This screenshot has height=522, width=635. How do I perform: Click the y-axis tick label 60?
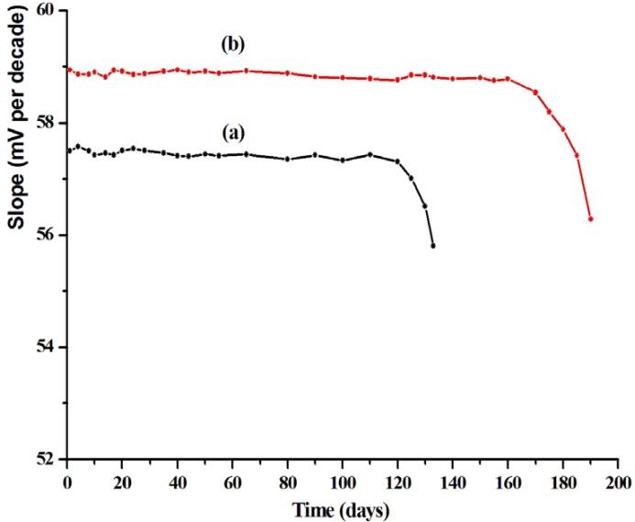[x=45, y=11]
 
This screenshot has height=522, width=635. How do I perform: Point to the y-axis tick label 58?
[x=45, y=123]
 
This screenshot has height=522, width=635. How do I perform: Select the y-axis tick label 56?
[x=45, y=235]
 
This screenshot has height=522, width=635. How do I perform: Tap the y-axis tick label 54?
[x=45, y=347]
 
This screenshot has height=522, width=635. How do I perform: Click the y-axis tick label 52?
[x=45, y=459]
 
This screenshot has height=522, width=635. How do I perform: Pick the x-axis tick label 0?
[x=68, y=481]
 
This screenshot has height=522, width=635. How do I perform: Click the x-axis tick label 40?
[x=178, y=481]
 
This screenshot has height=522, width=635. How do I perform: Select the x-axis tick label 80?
[x=288, y=481]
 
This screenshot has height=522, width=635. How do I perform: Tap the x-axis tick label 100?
[x=343, y=481]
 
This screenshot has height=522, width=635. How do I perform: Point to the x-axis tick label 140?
[x=453, y=481]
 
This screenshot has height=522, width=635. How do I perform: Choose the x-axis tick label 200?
[x=618, y=481]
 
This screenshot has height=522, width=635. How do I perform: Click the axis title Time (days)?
[x=342, y=507]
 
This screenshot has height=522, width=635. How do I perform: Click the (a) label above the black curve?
[x=235, y=132]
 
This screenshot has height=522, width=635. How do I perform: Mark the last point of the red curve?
[x=591, y=218]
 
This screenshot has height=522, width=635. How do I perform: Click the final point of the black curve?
[x=432, y=246]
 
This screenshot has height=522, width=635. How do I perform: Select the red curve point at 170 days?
[x=535, y=92]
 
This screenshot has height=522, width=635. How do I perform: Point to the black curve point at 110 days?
[x=370, y=154]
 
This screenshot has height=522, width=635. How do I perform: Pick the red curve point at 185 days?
[x=576, y=155]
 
